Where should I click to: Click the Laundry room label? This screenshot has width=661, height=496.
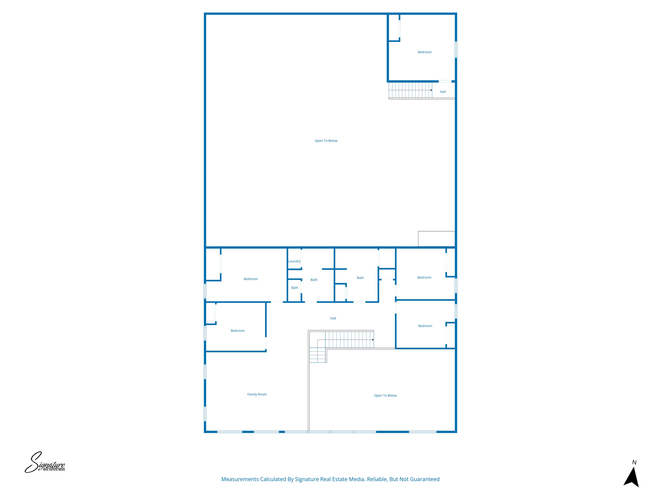click(x=294, y=261)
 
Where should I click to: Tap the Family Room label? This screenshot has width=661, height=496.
click(x=257, y=394)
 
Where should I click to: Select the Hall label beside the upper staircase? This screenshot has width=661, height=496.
click(x=443, y=92)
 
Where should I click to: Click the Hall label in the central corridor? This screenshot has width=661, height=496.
click(x=333, y=318)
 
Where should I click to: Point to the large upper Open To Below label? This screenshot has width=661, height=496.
click(x=326, y=141)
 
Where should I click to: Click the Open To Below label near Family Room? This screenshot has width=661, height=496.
click(x=385, y=396)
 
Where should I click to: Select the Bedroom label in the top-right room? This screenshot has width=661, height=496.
click(x=424, y=52)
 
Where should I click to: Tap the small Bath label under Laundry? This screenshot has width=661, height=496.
click(x=295, y=288)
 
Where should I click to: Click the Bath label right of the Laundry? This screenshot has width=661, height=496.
click(x=314, y=280)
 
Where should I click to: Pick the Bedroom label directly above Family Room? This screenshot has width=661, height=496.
click(x=238, y=331)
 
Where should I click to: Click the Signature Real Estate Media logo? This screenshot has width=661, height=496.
click(x=45, y=462)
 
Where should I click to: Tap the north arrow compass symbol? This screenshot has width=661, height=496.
click(x=632, y=477)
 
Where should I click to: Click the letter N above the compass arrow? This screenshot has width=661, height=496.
click(x=634, y=462)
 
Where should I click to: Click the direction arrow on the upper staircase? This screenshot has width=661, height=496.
click(x=431, y=90)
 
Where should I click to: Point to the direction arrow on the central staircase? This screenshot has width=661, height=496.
click(x=373, y=340)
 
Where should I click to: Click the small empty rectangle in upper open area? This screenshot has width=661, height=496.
click(x=436, y=239)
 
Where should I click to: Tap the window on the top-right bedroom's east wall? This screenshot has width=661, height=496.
click(x=456, y=49)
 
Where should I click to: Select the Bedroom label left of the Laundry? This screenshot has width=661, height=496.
click(x=250, y=279)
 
